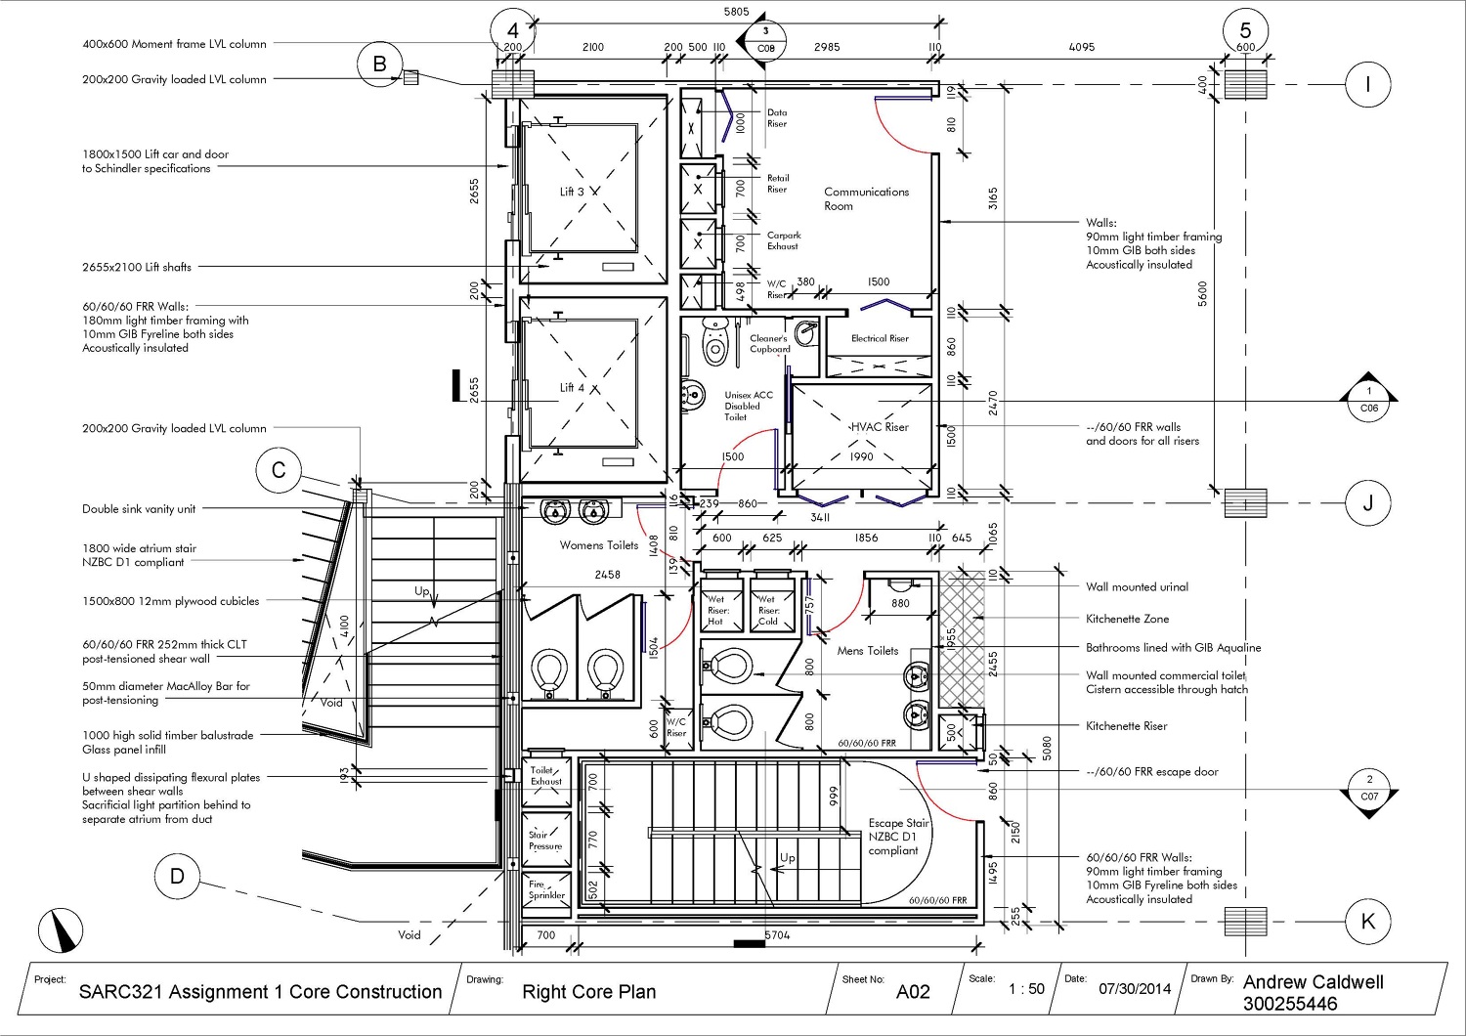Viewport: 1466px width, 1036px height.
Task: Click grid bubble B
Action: pos(379,64)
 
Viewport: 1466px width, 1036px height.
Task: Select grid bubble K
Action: pos(1367,921)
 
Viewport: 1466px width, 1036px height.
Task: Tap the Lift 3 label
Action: pos(572,192)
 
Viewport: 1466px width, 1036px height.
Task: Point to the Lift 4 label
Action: pos(572,388)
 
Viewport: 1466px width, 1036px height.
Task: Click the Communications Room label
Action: pos(866,198)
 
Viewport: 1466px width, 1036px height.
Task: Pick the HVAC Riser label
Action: pos(879,427)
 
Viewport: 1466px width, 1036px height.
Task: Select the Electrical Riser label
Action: pos(880,338)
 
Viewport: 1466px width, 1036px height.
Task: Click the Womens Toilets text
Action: pos(598,545)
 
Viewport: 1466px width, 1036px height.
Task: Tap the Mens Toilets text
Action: pos(867,651)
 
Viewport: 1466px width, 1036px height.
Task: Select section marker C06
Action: pos(1368,400)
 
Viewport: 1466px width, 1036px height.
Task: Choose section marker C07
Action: pos(1368,788)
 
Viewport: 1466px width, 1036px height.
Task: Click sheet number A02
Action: pos(913,991)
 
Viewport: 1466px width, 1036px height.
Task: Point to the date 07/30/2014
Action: pos(1134,988)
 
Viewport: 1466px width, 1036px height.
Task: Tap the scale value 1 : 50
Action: pos(1026,989)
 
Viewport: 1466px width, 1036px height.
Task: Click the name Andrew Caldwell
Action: pos(1313,982)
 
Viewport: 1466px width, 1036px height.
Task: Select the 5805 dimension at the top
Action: pos(736,12)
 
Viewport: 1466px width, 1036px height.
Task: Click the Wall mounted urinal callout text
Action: pos(1137,587)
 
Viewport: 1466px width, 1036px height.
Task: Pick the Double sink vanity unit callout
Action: pos(139,509)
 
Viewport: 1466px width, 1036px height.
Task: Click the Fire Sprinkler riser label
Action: pos(546,889)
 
